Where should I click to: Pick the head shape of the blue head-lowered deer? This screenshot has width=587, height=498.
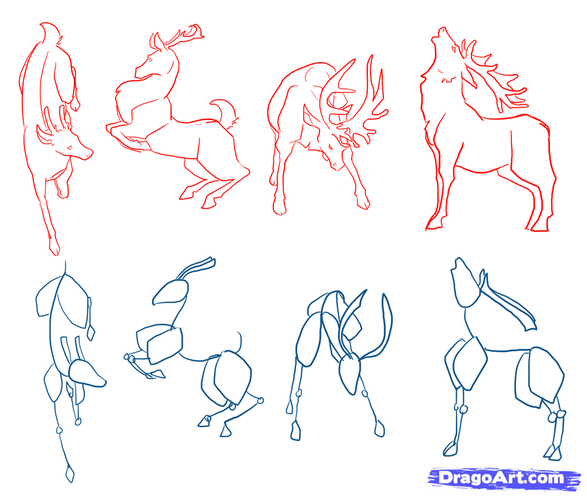tap(350, 375)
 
